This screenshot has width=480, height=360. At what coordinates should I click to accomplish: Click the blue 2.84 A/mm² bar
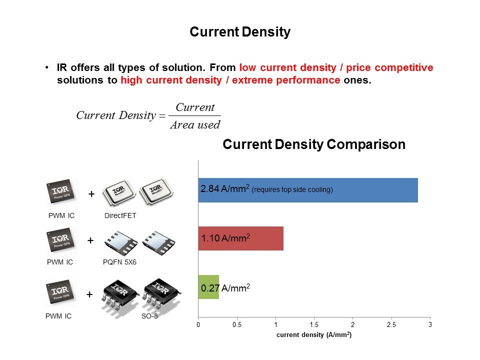click(x=308, y=190)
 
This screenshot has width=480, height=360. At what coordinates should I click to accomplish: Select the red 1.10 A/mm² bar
click(x=241, y=238)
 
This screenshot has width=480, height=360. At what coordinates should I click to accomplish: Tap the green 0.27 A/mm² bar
click(x=208, y=287)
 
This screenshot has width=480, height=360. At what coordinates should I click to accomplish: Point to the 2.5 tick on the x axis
click(x=391, y=325)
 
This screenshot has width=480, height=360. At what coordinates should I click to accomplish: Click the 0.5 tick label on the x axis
click(x=237, y=325)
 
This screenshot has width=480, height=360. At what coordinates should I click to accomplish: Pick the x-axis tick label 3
click(x=430, y=325)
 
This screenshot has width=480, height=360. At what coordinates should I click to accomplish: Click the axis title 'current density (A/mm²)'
click(x=314, y=334)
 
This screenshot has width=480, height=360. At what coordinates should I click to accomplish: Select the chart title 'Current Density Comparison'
click(x=314, y=144)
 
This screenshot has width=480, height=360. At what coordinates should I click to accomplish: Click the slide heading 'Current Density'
click(x=240, y=32)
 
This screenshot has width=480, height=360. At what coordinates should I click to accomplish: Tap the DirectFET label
click(x=120, y=215)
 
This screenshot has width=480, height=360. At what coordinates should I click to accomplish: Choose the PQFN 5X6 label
click(x=119, y=262)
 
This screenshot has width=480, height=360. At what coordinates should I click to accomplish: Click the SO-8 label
click(x=149, y=316)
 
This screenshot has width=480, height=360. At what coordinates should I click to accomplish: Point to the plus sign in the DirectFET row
click(x=91, y=194)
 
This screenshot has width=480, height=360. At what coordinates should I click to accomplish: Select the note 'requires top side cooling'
click(x=292, y=189)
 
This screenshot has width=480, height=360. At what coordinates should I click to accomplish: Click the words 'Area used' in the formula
click(x=195, y=124)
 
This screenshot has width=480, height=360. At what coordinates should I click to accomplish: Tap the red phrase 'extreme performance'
click(x=286, y=80)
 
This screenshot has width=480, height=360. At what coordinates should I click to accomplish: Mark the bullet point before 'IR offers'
click(x=46, y=67)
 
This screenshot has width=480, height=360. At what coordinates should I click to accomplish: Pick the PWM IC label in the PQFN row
click(x=59, y=262)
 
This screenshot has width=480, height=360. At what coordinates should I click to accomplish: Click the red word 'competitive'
click(x=404, y=67)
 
